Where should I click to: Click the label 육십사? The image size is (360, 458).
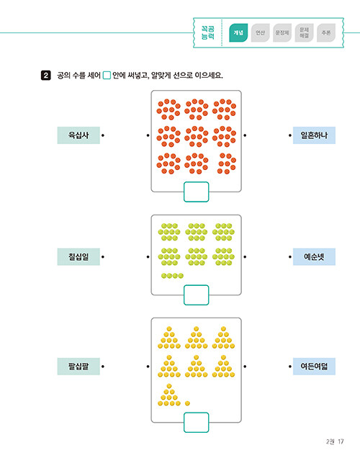(x=78, y=135)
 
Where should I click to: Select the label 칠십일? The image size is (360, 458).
(x=78, y=257)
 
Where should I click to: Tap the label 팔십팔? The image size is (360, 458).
(x=78, y=367)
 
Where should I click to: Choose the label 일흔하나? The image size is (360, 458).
(x=314, y=135)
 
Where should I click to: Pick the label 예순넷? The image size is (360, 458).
(x=314, y=257)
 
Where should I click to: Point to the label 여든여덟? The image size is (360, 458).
(x=314, y=367)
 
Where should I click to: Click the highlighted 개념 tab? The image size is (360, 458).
(x=238, y=32)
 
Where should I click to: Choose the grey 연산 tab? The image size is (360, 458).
(x=260, y=32)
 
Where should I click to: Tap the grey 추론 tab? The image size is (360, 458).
(x=326, y=32)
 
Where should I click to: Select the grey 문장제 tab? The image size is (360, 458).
(x=282, y=32)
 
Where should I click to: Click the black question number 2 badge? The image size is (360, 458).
(x=46, y=76)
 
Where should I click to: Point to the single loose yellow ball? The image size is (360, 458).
(x=187, y=403)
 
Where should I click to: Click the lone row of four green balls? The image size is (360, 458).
(x=172, y=276)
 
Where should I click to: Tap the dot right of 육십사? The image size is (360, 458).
(x=103, y=135)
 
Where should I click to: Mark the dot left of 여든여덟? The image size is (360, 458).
(x=290, y=367)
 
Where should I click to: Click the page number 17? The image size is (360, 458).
(x=341, y=441)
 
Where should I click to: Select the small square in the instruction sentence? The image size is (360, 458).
(x=107, y=76)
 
